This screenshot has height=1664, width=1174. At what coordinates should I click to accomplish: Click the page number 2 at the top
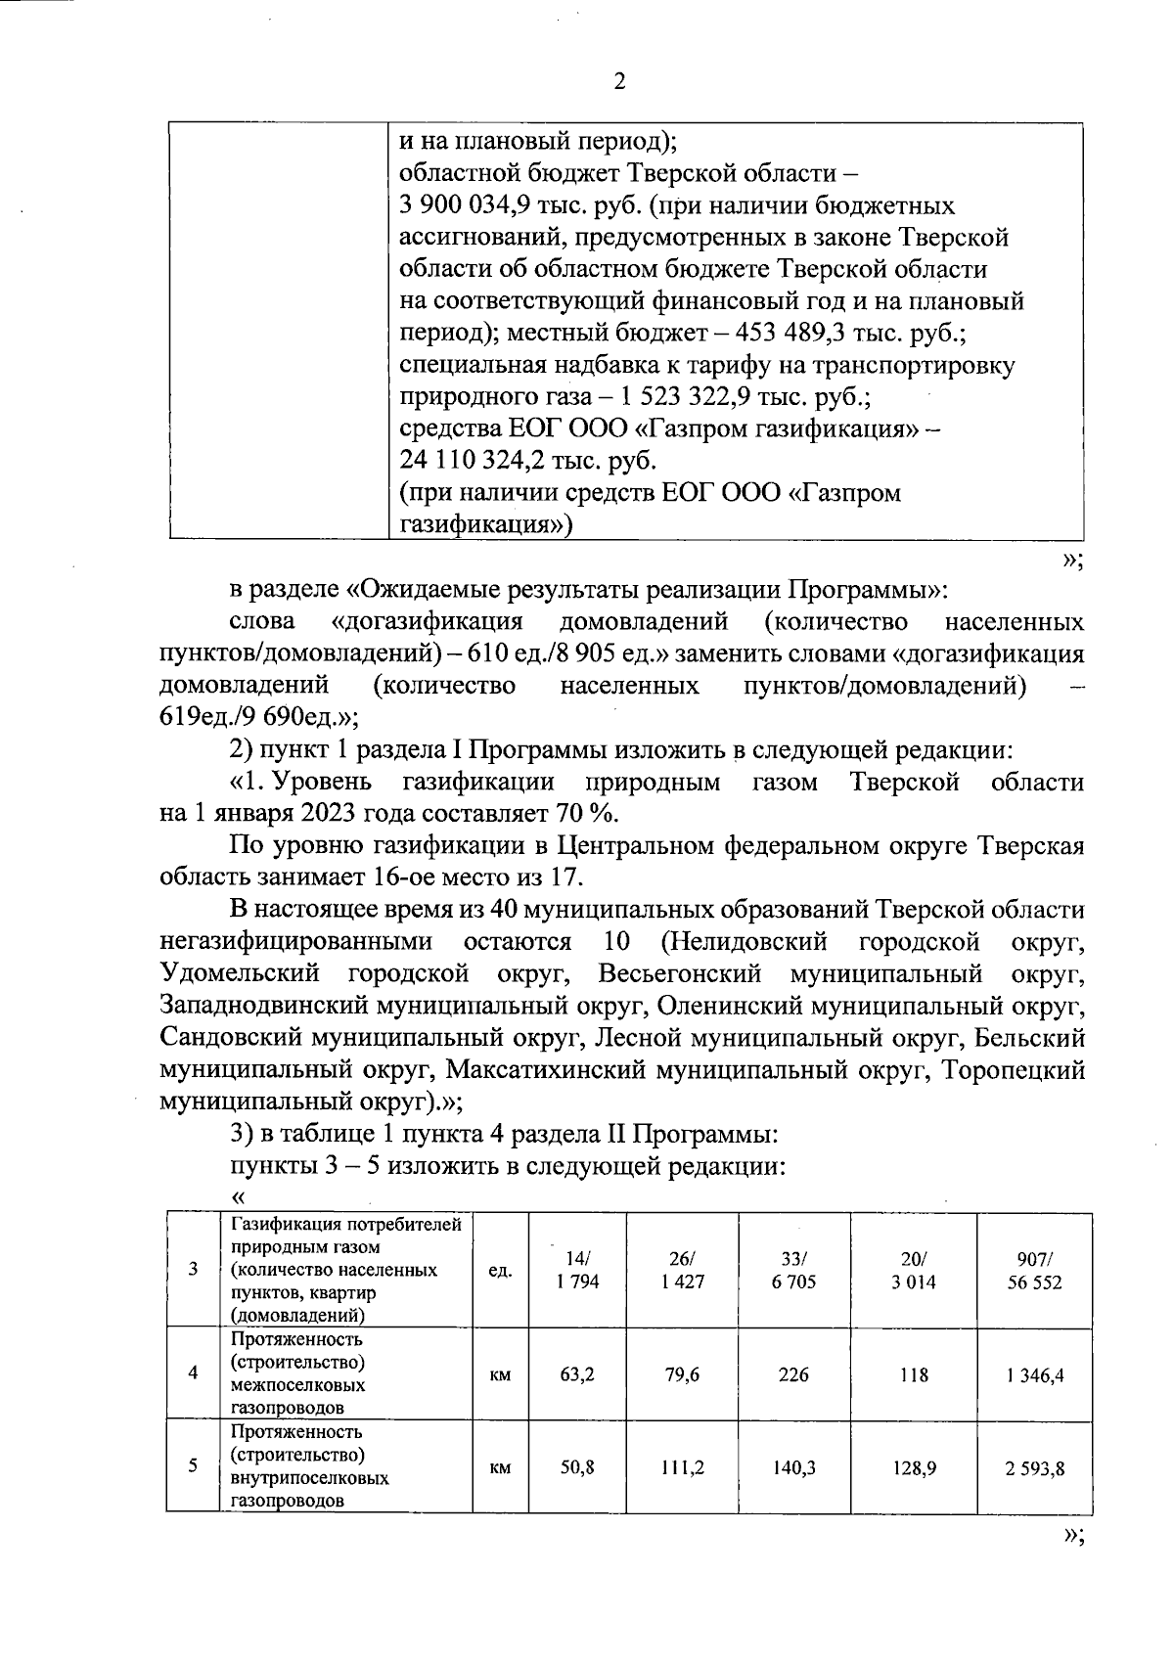point(618,82)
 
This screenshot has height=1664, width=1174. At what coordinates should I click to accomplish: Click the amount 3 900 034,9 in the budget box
point(479,206)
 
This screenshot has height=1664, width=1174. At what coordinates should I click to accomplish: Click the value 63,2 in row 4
point(577,1374)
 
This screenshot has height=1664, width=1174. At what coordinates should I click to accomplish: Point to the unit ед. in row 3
point(500,1270)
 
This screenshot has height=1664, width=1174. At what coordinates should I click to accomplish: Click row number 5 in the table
point(194,1465)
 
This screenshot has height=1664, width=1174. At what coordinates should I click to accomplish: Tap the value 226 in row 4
point(793,1374)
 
